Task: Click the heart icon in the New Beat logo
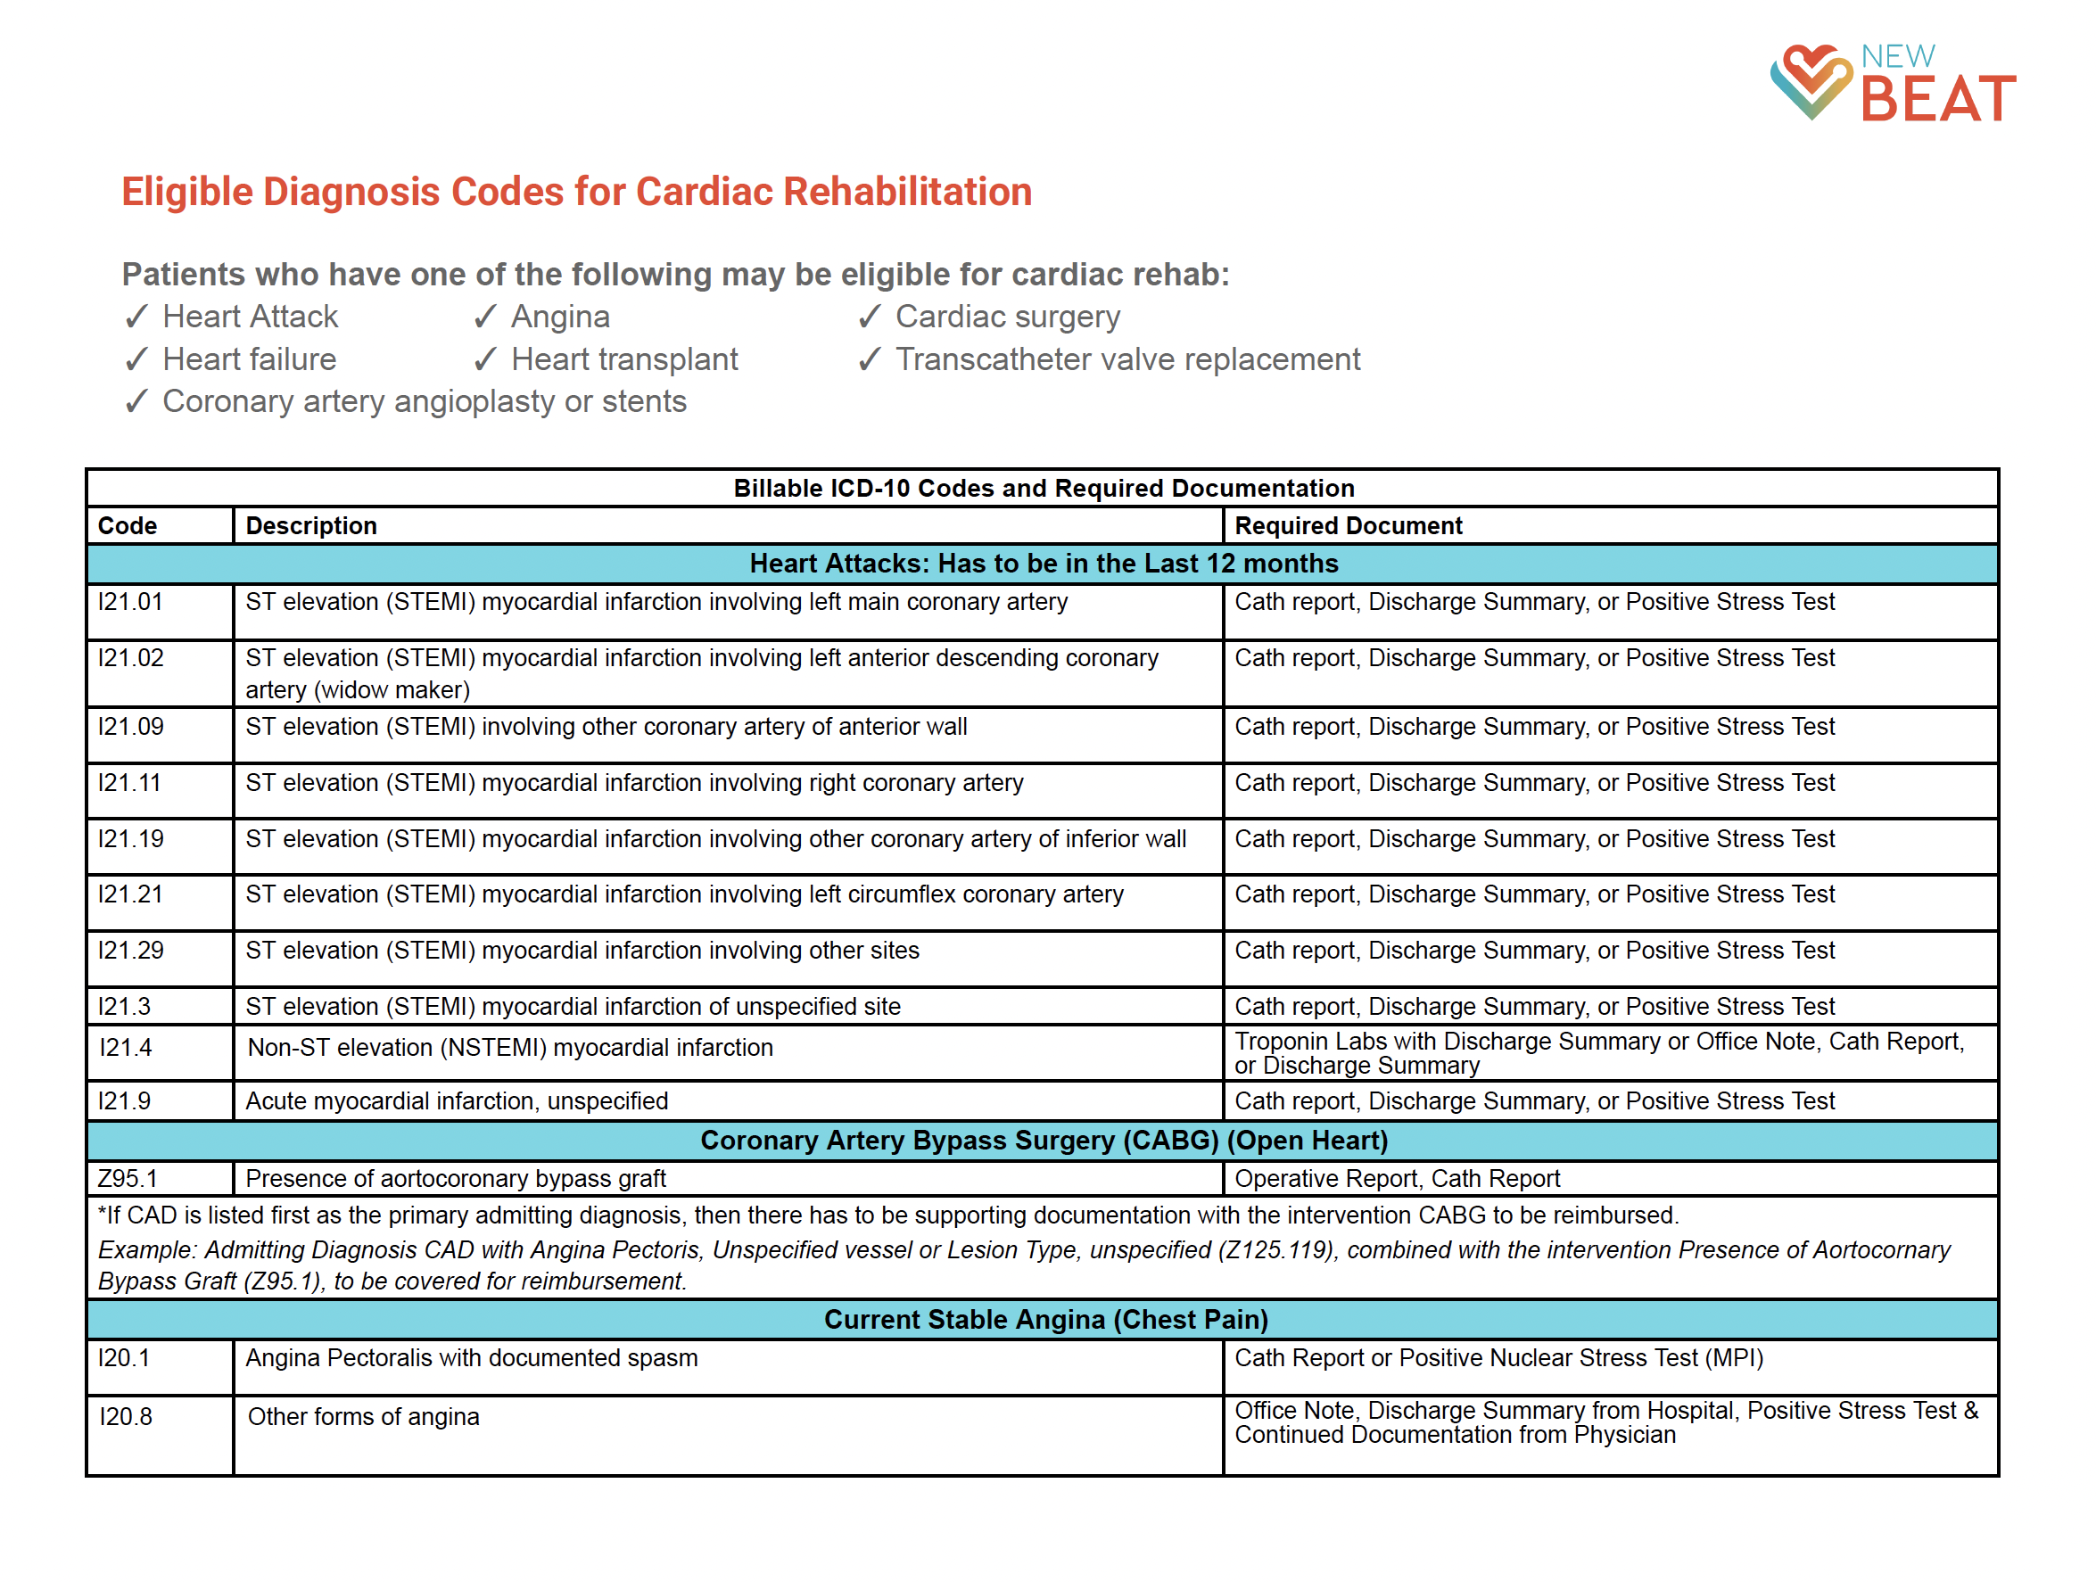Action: [1810, 81]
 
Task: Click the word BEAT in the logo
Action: [1938, 98]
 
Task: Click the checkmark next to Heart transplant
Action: [485, 359]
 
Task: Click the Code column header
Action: [127, 526]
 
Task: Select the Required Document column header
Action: [1348, 526]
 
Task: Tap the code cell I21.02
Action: [131, 657]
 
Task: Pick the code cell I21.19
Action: [131, 838]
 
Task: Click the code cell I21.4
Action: [125, 1048]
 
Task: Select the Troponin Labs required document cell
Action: [1598, 1053]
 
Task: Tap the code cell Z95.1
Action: [127, 1178]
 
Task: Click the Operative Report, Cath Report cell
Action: [1397, 1178]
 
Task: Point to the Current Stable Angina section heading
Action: [1045, 1320]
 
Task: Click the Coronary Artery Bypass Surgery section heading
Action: [1044, 1141]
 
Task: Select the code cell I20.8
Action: [125, 1417]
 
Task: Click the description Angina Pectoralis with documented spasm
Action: [471, 1358]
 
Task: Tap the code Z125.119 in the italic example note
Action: [1276, 1250]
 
